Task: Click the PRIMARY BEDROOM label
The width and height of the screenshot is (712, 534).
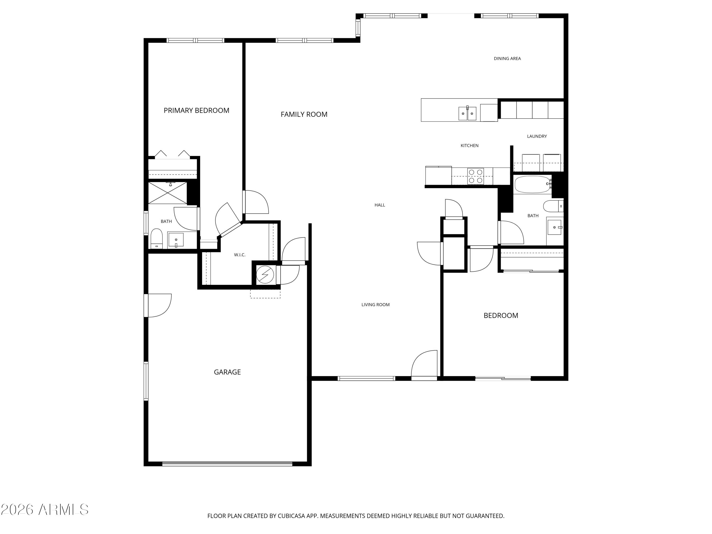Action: (x=196, y=110)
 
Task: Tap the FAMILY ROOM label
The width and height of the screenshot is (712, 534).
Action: (x=304, y=114)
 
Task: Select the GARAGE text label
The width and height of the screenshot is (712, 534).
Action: (x=227, y=372)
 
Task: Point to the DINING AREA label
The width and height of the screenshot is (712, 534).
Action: (x=507, y=59)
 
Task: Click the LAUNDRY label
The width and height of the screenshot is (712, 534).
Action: (x=537, y=136)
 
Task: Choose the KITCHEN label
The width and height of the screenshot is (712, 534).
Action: (x=470, y=146)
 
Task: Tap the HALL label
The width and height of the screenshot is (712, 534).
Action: (x=380, y=205)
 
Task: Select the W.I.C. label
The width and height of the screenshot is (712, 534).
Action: (x=239, y=255)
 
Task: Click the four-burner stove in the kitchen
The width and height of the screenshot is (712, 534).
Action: (x=475, y=176)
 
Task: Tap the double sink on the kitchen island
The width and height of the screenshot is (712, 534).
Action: (x=467, y=113)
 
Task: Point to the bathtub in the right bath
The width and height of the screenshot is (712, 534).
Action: (x=533, y=184)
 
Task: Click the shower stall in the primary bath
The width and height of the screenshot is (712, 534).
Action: (x=167, y=193)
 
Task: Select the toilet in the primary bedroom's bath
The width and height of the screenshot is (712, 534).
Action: (x=157, y=239)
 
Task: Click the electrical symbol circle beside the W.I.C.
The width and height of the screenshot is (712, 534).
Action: (x=265, y=275)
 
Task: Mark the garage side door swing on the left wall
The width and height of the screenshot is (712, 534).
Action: (x=158, y=305)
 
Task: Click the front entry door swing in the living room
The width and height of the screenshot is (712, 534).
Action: (x=424, y=365)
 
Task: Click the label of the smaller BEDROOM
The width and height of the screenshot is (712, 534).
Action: (x=501, y=315)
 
